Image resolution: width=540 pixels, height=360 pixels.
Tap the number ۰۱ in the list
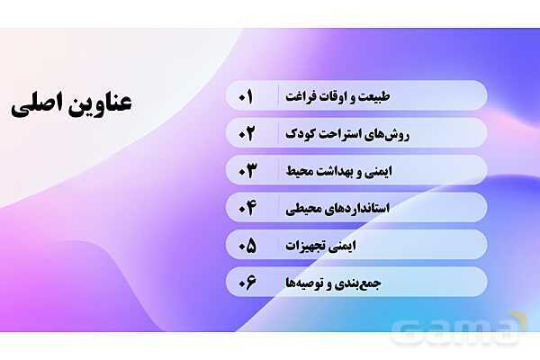(x=246, y=95)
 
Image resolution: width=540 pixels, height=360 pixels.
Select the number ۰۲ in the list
(x=246, y=133)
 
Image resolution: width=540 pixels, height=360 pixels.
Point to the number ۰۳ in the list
(x=246, y=170)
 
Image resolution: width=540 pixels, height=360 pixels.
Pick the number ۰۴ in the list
(x=246, y=208)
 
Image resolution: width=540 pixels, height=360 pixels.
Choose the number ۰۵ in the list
(x=246, y=245)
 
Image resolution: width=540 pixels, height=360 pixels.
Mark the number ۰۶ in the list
(x=246, y=283)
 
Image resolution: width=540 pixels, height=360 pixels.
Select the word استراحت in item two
(x=332, y=134)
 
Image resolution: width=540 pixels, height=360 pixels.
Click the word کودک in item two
(x=294, y=134)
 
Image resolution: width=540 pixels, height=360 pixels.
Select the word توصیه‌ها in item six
(x=307, y=283)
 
